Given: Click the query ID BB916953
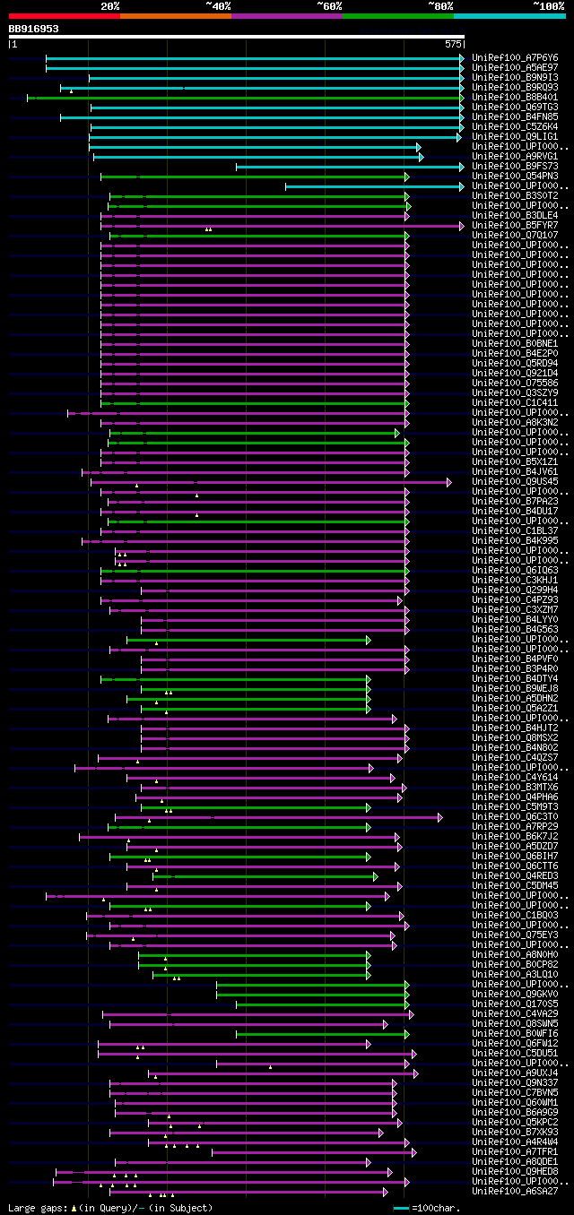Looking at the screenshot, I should point(34,29).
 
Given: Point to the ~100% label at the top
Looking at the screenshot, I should point(548,5).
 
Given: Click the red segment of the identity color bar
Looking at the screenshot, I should point(64,16).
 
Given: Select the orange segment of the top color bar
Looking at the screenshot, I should point(175,16).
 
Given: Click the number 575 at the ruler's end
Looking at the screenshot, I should point(453,43).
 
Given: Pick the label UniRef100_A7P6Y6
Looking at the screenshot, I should point(515,57).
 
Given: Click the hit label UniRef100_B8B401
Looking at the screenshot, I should point(515,97).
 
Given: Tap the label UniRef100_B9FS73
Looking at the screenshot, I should point(515,166).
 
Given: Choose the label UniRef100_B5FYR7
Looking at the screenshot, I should point(515,225).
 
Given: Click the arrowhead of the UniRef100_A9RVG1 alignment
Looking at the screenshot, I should point(421,157).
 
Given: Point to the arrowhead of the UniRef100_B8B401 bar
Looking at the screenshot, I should point(462,97).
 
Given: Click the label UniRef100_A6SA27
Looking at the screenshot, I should point(515,1191).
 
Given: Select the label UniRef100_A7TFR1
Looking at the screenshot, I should point(515,1151).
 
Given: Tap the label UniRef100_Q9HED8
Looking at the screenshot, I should point(515,1171).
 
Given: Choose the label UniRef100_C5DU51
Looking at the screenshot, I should point(515,1053).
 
